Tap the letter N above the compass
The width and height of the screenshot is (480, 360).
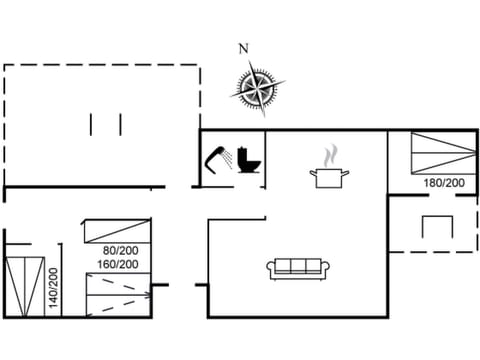[243, 48]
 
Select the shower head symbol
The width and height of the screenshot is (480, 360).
[218, 158]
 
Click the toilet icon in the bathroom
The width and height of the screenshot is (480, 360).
[249, 160]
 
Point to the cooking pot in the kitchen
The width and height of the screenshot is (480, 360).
[329, 176]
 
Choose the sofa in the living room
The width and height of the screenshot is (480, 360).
[298, 268]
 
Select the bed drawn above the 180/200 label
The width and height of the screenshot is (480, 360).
[443, 154]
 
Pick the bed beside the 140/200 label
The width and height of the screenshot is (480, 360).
[25, 286]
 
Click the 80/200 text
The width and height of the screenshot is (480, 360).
[120, 250]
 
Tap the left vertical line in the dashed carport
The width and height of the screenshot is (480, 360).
[91, 125]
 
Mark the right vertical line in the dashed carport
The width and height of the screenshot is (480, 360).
[120, 125]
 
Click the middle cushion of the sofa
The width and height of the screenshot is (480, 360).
[298, 267]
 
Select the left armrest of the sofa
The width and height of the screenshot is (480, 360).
[270, 268]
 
